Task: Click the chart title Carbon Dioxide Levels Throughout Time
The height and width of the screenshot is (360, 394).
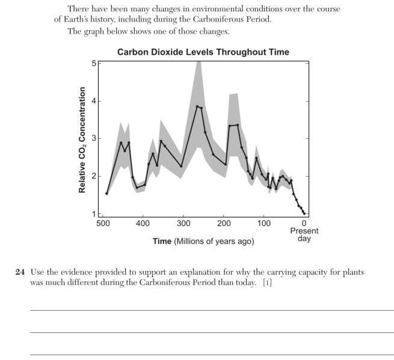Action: pyautogui.click(x=203, y=52)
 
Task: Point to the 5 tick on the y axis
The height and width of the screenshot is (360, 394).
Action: pyautogui.click(x=94, y=63)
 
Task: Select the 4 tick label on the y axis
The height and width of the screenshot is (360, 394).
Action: pyautogui.click(x=94, y=101)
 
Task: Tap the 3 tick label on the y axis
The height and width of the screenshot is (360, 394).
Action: pyautogui.click(x=94, y=138)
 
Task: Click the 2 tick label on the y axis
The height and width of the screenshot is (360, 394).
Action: pyautogui.click(x=94, y=176)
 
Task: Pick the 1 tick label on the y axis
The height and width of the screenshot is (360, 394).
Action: pyautogui.click(x=94, y=214)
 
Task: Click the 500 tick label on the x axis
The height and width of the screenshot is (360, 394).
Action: pyautogui.click(x=103, y=223)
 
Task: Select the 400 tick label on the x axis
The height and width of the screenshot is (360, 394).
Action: pyautogui.click(x=143, y=223)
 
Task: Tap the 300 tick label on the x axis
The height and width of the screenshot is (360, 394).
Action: pyautogui.click(x=183, y=223)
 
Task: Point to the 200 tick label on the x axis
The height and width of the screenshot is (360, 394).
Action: pyautogui.click(x=223, y=223)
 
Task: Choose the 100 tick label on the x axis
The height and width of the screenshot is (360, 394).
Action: pyautogui.click(x=264, y=223)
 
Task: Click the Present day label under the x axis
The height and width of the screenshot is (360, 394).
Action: pyautogui.click(x=304, y=234)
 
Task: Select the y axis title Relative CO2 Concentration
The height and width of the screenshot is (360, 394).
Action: pyautogui.click(x=82, y=140)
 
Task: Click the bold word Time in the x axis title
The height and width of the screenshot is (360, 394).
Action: pyautogui.click(x=162, y=241)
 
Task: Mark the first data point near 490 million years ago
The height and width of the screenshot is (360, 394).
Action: pyautogui.click(x=106, y=194)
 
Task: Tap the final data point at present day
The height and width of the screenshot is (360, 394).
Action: pyautogui.click(x=304, y=213)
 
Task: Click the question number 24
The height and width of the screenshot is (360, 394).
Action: pyautogui.click(x=20, y=272)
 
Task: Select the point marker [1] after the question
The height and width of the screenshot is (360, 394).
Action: pyautogui.click(x=268, y=282)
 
